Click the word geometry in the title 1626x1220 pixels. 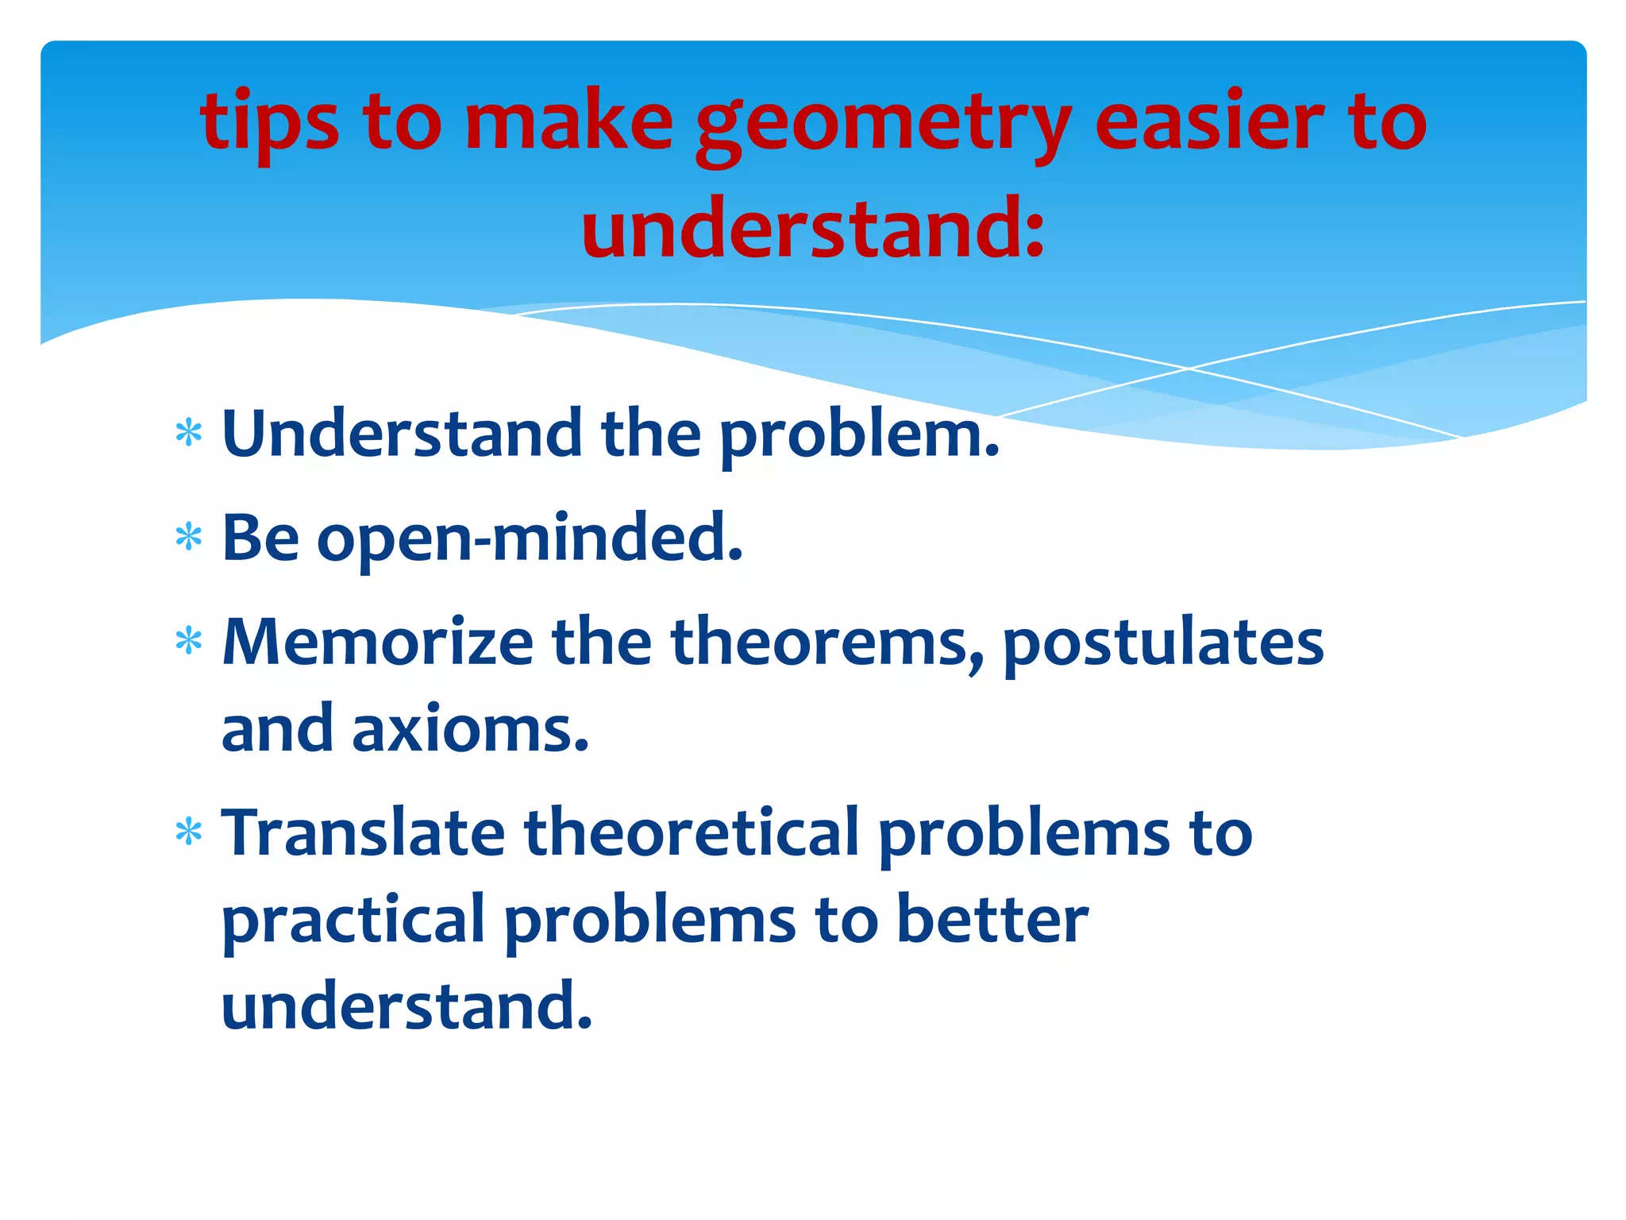pyautogui.click(x=883, y=127)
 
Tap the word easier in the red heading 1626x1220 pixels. pyautogui.click(x=1209, y=123)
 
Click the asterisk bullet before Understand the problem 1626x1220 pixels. pyautogui.click(x=189, y=434)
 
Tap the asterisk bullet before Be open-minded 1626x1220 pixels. pyautogui.click(x=189, y=538)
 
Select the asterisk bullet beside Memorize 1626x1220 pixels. pyautogui.click(x=189, y=641)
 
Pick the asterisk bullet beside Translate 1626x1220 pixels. pyautogui.click(x=189, y=833)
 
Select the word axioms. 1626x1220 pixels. pyautogui.click(x=471, y=729)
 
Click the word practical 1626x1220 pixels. pyautogui.click(x=353, y=921)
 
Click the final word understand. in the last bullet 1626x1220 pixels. pyautogui.click(x=406, y=1006)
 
